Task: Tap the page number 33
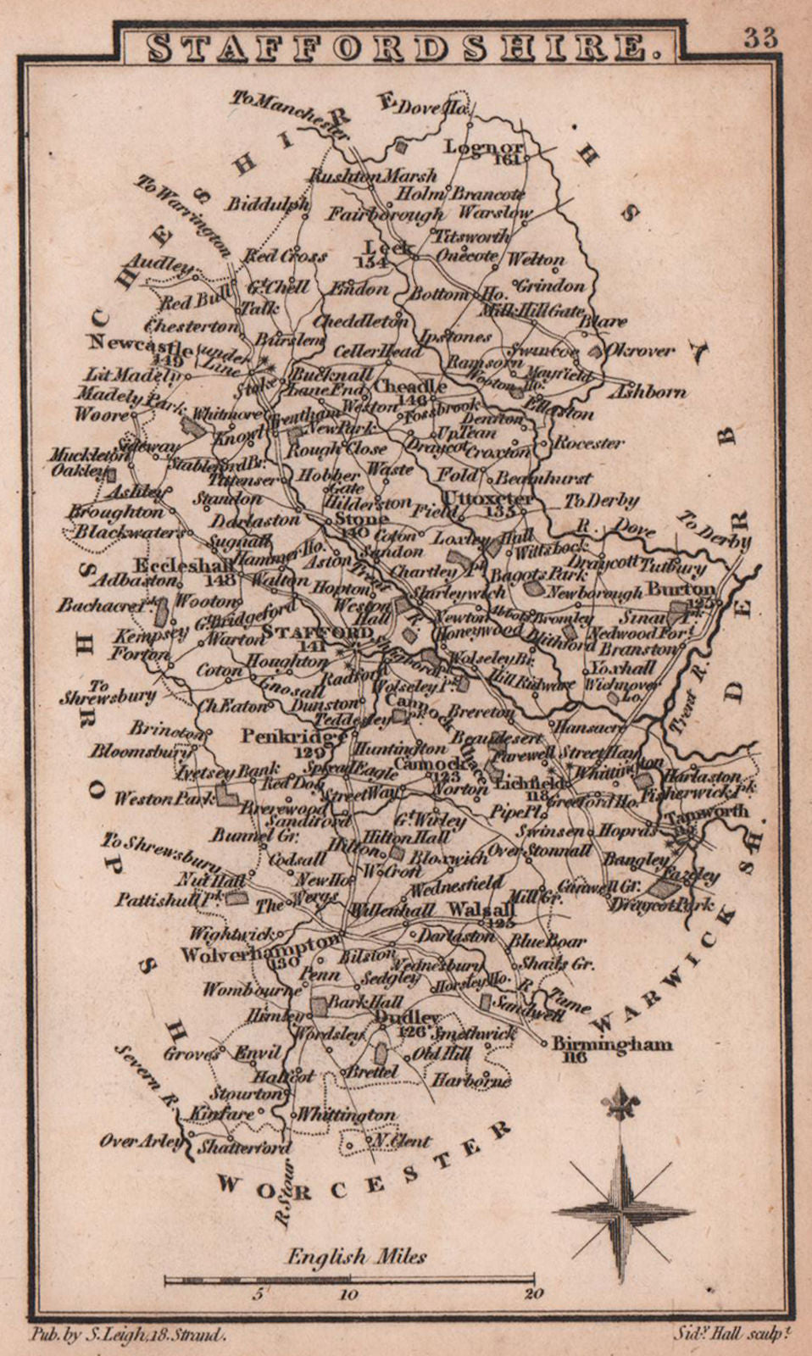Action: coord(760,37)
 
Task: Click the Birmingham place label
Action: coord(612,1045)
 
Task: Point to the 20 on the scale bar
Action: coord(533,1294)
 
